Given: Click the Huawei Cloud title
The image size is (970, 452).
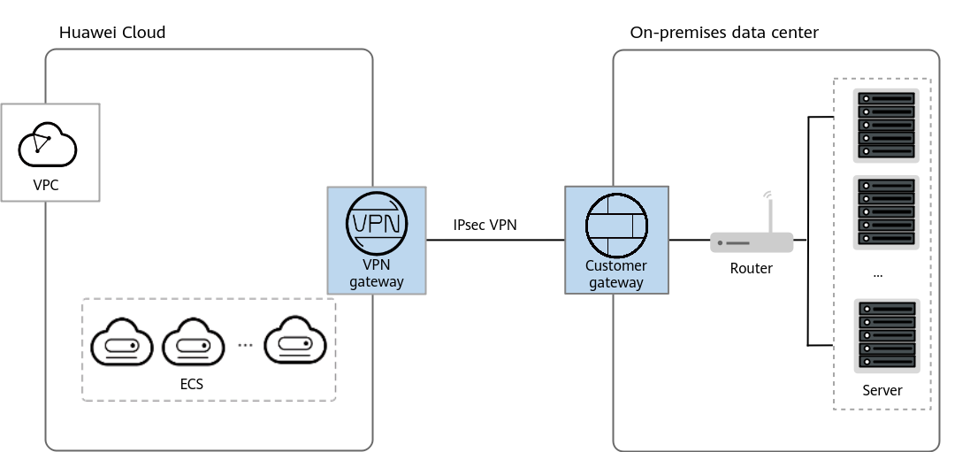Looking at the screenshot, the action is [112, 32].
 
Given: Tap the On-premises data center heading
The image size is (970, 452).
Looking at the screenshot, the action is [724, 32].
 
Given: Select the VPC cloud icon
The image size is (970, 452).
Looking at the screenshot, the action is [48, 145].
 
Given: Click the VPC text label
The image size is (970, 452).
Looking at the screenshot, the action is [46, 185].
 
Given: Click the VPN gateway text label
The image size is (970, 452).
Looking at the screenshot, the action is [376, 273].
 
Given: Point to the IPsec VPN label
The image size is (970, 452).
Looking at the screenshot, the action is [485, 226].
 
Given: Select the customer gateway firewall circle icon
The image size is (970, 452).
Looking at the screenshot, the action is [617, 226].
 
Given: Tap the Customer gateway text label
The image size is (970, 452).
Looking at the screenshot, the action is [616, 274].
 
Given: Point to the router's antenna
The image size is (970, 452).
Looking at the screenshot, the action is [769, 211].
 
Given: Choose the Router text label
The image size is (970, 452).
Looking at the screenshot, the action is [751, 269].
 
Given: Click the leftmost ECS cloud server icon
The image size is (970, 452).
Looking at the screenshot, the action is [122, 341].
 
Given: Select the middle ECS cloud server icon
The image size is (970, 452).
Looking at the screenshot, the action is [193, 341].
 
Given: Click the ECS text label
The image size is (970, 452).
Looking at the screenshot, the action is [191, 385].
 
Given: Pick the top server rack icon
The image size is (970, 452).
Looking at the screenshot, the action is [887, 126].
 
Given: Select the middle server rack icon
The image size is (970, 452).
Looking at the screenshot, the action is [887, 212].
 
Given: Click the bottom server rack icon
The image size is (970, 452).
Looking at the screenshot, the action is [887, 336].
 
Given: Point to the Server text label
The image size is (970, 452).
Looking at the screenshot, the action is [882, 391].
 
